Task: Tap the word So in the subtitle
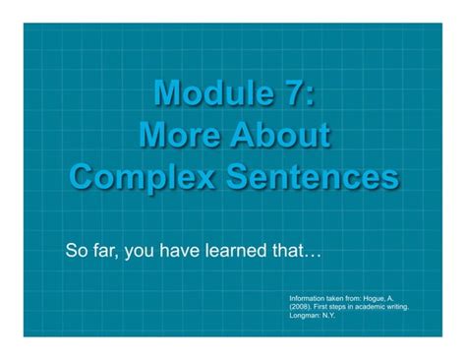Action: pyautogui.click(x=76, y=249)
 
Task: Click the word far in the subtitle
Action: pyautogui.click(x=105, y=249)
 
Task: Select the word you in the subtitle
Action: pyautogui.click(x=142, y=250)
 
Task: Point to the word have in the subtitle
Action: pyautogui.click(x=185, y=249)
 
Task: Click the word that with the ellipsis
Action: pyautogui.click(x=300, y=249)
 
